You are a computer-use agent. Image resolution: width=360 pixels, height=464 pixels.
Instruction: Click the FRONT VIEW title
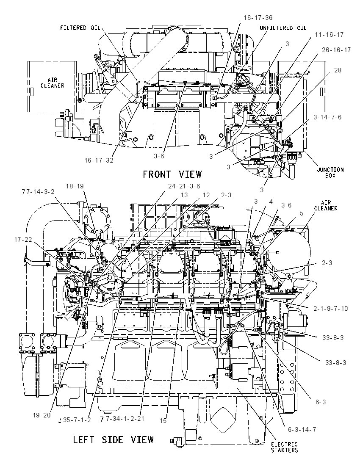click(172, 174)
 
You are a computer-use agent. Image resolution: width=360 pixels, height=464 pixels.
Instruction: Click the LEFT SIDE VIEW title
click(114, 439)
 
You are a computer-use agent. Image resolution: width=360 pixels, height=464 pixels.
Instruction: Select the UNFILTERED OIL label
click(283, 28)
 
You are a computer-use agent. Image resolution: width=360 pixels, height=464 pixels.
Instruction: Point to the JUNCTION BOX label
click(330, 172)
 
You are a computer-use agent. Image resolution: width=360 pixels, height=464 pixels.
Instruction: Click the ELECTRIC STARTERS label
click(284, 447)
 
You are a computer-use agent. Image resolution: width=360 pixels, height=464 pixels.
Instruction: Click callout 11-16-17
click(329, 35)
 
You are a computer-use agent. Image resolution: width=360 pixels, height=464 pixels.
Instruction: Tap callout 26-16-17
click(336, 50)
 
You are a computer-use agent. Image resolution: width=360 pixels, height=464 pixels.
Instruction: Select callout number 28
click(338, 70)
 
